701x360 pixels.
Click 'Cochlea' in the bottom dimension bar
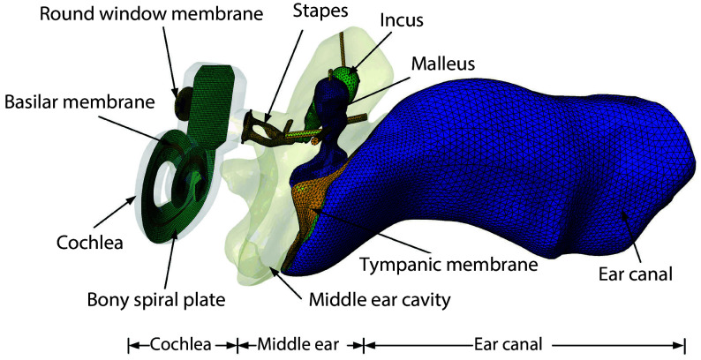point(181,344)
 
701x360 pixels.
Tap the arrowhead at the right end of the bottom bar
point(682,344)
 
